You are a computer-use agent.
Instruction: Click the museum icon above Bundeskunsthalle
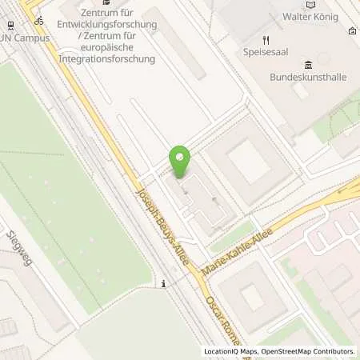(x=309, y=66)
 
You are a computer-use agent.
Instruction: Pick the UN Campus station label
(x=16, y=38)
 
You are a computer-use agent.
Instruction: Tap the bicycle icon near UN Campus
(x=39, y=20)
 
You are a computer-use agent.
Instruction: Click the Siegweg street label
(x=20, y=247)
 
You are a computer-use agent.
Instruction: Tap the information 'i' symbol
(x=163, y=283)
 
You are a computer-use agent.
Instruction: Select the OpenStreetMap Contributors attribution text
(x=307, y=351)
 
